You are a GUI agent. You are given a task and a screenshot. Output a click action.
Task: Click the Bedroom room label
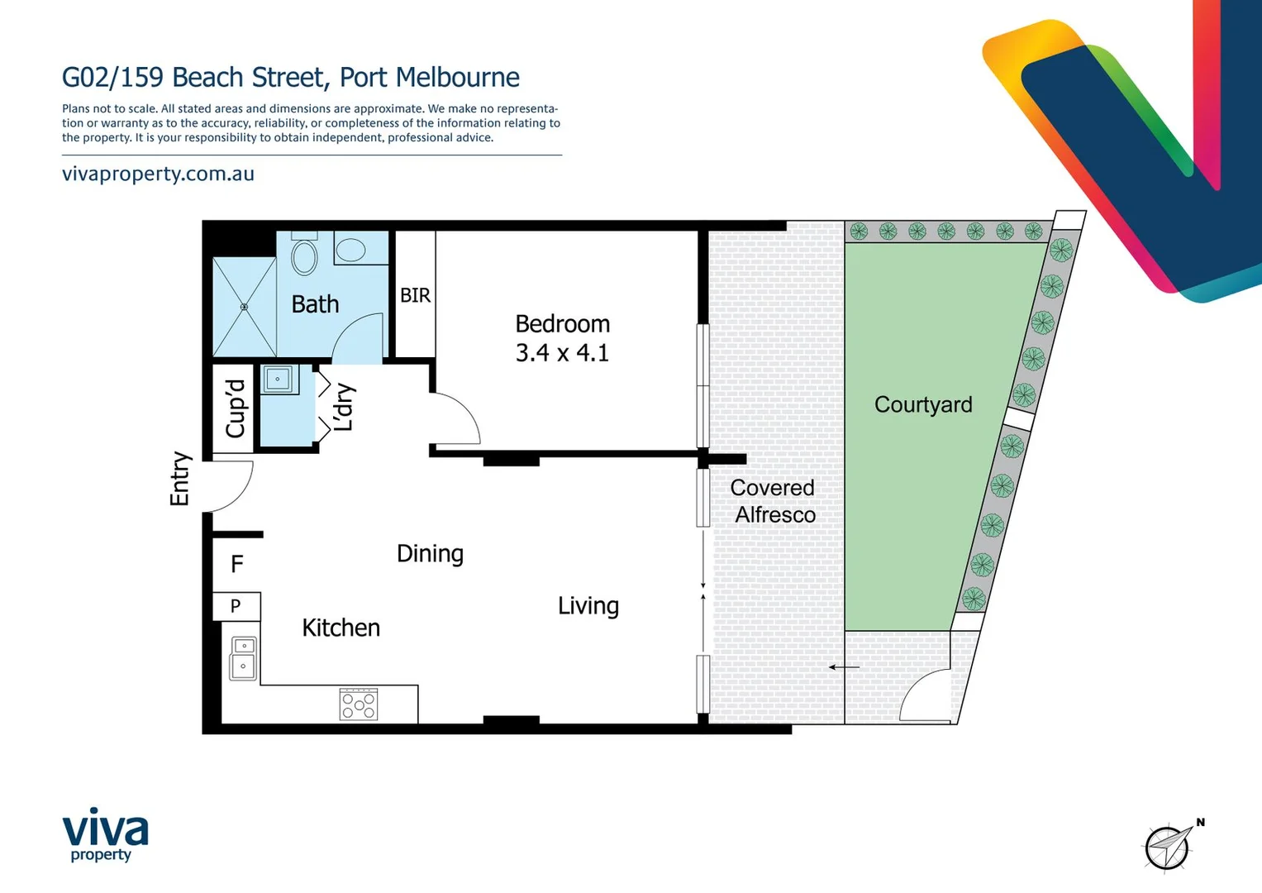tap(562, 324)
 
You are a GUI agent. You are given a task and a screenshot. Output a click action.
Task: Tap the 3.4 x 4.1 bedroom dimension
tap(562, 353)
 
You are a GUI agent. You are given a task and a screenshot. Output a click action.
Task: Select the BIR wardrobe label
tap(415, 295)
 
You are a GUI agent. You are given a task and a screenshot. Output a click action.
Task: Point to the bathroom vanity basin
tap(351, 249)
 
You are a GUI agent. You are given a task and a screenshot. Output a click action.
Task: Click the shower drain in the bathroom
tap(244, 307)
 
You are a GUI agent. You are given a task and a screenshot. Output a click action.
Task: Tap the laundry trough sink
tap(278, 380)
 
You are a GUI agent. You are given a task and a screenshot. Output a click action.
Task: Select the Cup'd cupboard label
tap(236, 408)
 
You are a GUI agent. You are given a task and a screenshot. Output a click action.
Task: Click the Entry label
tap(180, 479)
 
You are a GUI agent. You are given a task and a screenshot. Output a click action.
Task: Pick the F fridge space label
tap(237, 564)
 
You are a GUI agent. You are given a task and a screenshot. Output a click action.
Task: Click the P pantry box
tap(236, 606)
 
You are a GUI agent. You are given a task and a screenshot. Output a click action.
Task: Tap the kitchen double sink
tap(243, 657)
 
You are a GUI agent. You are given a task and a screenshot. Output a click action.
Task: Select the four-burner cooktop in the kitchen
tap(359, 704)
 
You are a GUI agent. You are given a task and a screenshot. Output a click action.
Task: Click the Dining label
tap(430, 553)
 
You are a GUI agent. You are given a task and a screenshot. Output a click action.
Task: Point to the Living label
tap(588, 606)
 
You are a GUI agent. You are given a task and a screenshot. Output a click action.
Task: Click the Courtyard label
tap(923, 405)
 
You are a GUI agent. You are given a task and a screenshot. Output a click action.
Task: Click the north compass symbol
tap(1169, 846)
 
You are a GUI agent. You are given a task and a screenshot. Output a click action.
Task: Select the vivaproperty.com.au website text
tap(158, 174)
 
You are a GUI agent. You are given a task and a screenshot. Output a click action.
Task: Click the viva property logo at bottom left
tap(105, 834)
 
